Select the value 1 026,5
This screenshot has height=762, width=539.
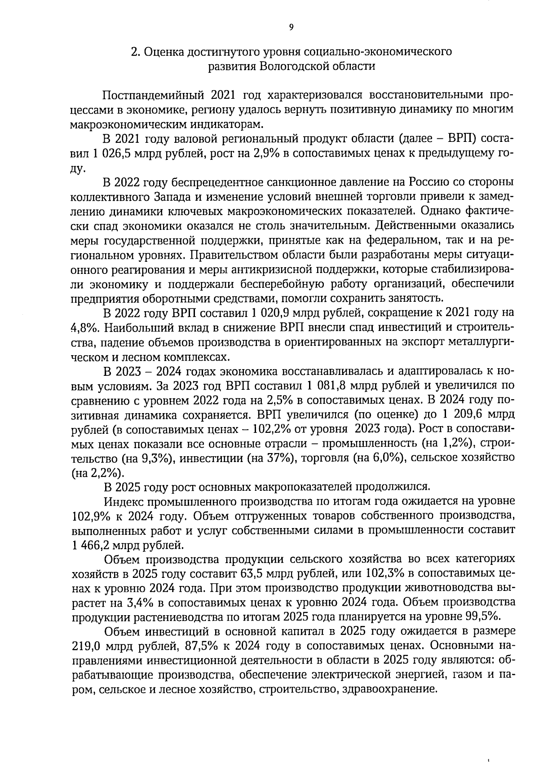pos(108,154)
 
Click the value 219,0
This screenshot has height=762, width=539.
pos(85,647)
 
